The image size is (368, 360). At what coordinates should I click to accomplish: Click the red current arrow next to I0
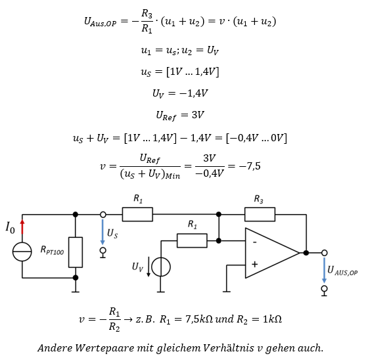tap(22, 227)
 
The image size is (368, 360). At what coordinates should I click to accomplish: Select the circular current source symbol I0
tap(22, 252)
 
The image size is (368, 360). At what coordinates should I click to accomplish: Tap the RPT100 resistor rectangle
tap(76, 252)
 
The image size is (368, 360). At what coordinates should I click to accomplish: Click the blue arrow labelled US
tap(103, 232)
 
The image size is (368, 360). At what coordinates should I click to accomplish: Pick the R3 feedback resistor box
tap(260, 214)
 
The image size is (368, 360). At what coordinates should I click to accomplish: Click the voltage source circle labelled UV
tap(161, 267)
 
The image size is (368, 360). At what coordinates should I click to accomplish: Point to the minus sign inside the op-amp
tap(255, 242)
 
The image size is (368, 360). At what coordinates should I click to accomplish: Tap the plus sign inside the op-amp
tap(255, 265)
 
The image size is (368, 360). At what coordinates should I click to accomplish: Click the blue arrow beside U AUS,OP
tap(324, 270)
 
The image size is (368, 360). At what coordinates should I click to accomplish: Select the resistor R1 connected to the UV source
tap(192, 240)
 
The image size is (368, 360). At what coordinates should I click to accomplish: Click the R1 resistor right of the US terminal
tap(137, 214)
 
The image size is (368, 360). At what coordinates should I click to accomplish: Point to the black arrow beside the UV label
tap(149, 267)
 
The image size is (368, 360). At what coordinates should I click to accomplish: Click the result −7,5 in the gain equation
tap(250, 166)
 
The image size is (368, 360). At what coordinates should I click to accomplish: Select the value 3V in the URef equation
tap(198, 115)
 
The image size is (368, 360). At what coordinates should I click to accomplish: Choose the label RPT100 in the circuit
tap(52, 250)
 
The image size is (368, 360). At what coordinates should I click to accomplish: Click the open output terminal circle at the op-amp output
tap(325, 253)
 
